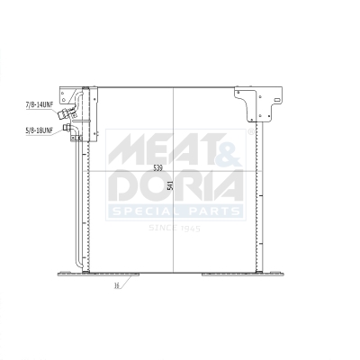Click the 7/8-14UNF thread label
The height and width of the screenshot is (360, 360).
click(40, 104)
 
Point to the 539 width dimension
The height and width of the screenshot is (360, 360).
click(157, 167)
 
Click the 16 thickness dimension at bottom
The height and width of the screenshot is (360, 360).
click(117, 286)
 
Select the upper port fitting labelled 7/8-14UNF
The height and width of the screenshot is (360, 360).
click(67, 104)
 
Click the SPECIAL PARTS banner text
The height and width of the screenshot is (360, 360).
click(175, 212)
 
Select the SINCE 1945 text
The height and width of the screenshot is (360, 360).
click(174, 229)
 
